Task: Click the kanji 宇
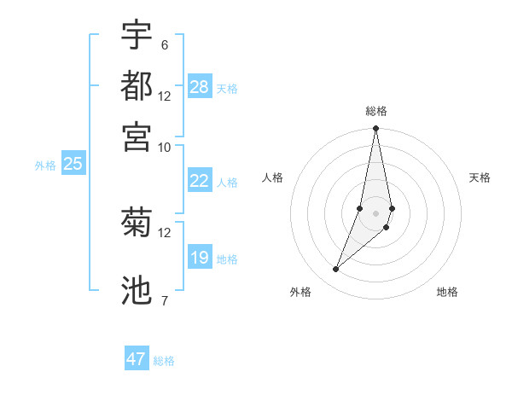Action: click(x=137, y=35)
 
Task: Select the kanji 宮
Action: click(x=137, y=137)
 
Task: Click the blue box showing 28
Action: click(x=200, y=87)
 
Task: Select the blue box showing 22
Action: click(x=200, y=181)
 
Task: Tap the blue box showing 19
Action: click(x=200, y=258)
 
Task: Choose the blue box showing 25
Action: click(x=73, y=164)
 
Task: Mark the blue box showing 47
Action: click(x=137, y=359)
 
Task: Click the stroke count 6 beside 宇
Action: click(x=164, y=45)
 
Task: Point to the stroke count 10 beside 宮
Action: click(x=164, y=147)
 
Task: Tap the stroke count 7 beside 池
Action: click(x=164, y=300)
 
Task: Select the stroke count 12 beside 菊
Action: click(x=164, y=232)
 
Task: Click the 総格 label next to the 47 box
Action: click(x=164, y=361)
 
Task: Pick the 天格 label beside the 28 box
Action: click(x=227, y=89)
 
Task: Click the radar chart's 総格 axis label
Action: click(x=376, y=111)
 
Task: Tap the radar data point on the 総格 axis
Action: click(x=376, y=129)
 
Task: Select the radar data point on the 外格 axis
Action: click(x=335, y=270)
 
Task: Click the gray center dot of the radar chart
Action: click(x=376, y=213)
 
